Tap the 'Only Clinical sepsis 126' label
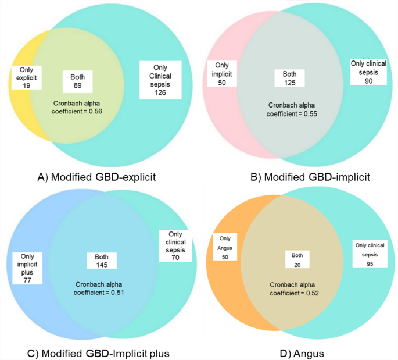(160, 80)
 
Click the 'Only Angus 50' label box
(224, 245)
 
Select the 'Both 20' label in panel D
(295, 260)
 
